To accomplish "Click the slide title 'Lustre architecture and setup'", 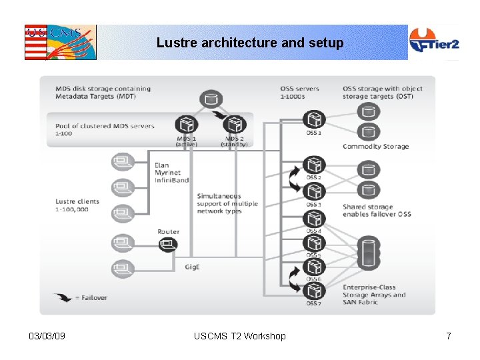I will (250, 43).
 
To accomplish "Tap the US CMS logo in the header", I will (60, 43).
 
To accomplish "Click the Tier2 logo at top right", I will (433, 43).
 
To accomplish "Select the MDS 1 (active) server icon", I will (186, 125).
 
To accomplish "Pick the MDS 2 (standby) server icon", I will (235, 125).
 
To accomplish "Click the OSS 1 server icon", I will (313, 120).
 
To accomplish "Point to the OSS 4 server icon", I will (313, 219).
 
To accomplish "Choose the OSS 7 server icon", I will (313, 291).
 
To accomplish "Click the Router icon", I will (168, 244).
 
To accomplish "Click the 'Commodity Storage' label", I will (375, 147).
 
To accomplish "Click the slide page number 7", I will (449, 336).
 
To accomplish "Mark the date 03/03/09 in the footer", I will (47, 336).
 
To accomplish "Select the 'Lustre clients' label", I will (77, 201).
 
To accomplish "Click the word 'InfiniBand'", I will (171, 180).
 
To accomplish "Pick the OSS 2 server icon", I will (313, 165).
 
